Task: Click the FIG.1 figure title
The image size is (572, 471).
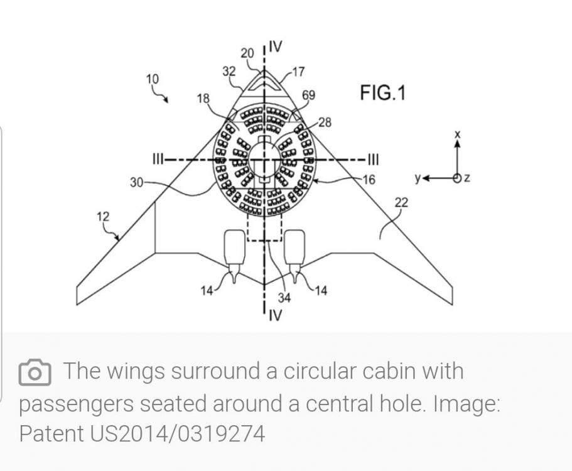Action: [x=382, y=93]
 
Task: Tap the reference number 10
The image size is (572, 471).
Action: [x=153, y=79]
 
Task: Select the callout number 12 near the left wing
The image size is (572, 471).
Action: [x=103, y=217]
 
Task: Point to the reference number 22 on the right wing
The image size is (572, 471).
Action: [x=401, y=202]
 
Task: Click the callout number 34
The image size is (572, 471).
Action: [x=284, y=298]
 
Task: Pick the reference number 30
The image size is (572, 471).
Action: [x=137, y=182]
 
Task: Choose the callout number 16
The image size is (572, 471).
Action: [x=369, y=180]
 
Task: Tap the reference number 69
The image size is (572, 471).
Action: [x=308, y=95]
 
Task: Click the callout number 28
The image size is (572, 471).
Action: [x=325, y=122]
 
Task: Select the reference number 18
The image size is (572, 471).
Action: [x=203, y=99]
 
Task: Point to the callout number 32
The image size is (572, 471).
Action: [x=229, y=71]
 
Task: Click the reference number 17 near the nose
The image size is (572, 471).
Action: [x=298, y=72]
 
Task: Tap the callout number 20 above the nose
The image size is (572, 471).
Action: [x=247, y=53]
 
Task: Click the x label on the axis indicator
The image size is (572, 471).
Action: [x=458, y=134]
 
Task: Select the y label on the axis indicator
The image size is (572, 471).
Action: [x=418, y=178]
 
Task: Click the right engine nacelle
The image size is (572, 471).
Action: [x=294, y=247]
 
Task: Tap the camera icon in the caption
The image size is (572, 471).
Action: [x=35, y=372]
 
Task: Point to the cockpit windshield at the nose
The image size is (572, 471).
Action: [x=265, y=82]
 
